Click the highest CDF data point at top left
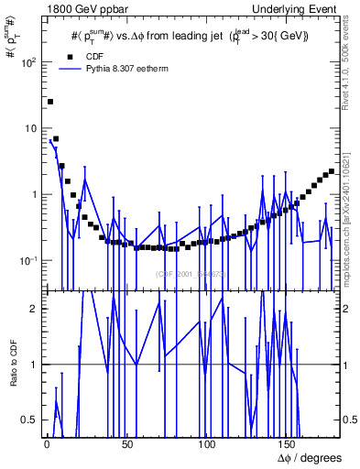coord(50,102)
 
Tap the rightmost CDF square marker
coord(331,171)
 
